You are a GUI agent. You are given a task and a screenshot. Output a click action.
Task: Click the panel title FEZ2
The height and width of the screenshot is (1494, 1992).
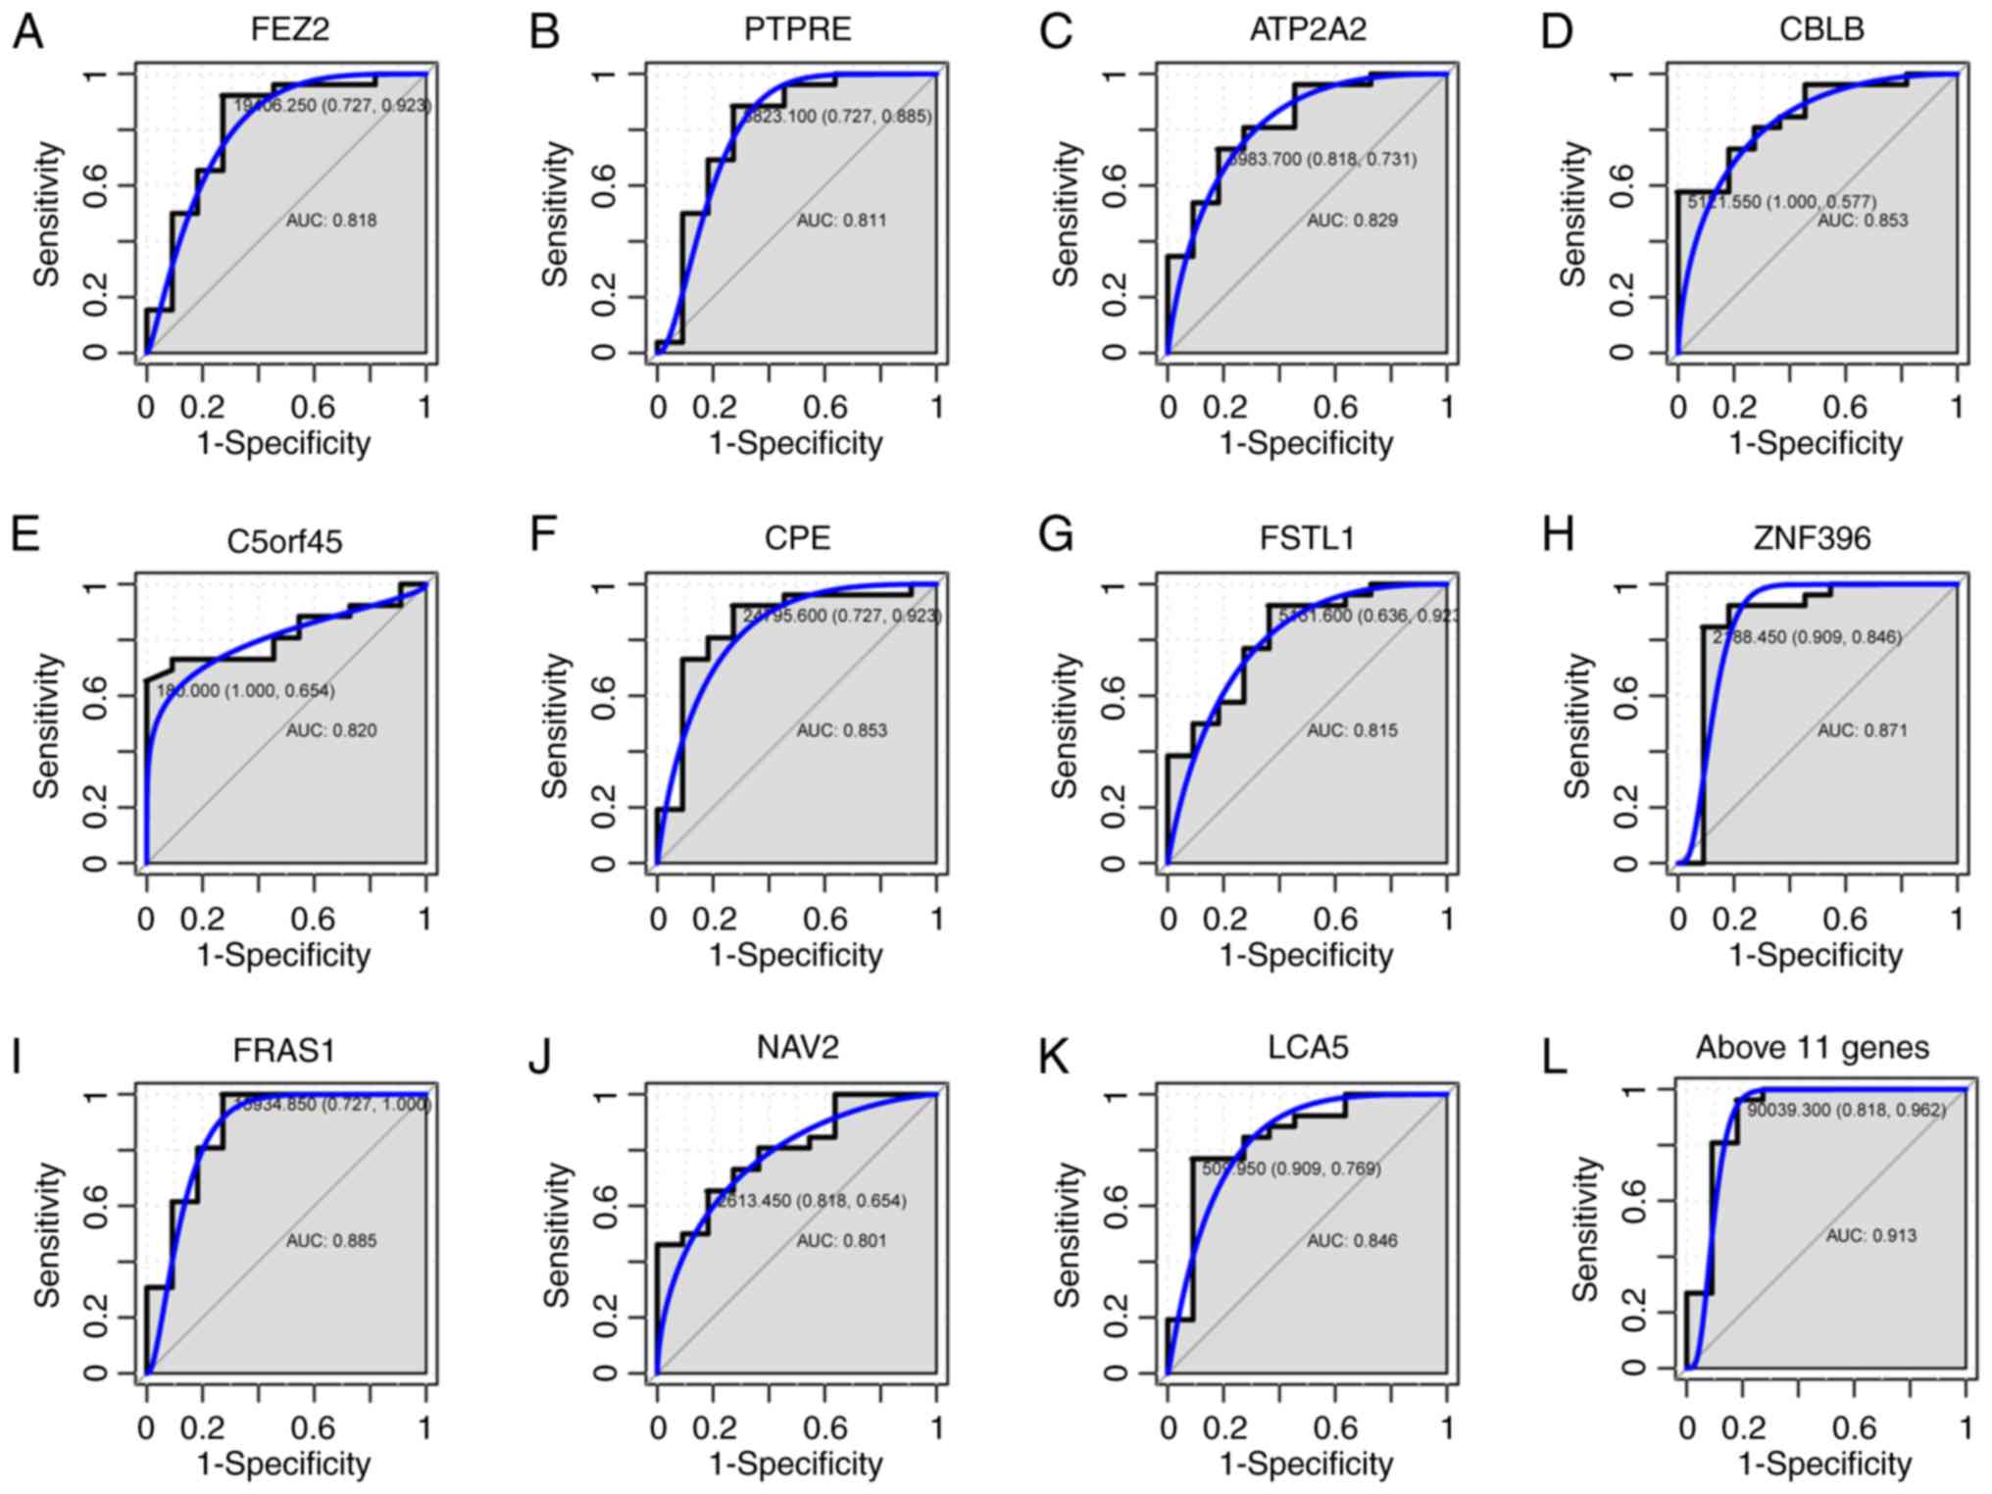(289, 29)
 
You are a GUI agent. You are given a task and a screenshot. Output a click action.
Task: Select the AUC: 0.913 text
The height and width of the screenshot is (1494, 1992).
(1870, 1235)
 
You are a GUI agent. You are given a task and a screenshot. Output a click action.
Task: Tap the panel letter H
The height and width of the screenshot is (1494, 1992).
(1558, 535)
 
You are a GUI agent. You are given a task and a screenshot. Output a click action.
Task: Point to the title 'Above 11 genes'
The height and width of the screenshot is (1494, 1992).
(1812, 1047)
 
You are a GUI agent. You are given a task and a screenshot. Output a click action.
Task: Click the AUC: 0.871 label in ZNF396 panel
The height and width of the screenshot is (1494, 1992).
(1863, 730)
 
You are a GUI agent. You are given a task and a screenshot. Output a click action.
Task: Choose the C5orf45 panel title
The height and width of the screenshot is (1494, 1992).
(284, 541)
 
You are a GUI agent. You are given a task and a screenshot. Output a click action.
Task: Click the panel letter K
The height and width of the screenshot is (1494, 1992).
(1054, 1057)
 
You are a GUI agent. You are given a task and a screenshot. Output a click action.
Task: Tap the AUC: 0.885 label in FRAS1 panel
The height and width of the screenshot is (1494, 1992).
(331, 1240)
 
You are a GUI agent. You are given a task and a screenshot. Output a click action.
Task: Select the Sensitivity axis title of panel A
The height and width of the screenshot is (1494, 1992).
(47, 214)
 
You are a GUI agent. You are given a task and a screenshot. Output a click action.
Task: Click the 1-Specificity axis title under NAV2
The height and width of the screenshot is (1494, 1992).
(795, 1464)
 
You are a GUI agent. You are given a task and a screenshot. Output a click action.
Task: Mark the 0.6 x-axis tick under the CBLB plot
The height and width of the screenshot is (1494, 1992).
(1845, 406)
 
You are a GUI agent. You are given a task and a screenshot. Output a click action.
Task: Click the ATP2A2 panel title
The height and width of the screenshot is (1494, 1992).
(1308, 29)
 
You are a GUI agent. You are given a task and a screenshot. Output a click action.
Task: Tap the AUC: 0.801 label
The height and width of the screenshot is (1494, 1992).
(841, 1240)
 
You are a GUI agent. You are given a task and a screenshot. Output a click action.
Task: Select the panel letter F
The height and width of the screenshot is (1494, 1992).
(542, 535)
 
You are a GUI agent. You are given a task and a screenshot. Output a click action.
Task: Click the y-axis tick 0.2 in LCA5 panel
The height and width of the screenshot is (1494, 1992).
(1115, 1317)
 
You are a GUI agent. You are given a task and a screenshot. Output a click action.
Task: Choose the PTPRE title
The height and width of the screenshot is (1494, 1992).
(797, 29)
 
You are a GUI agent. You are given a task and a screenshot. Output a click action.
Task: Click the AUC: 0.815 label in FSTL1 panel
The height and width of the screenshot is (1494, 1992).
(1352, 730)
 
